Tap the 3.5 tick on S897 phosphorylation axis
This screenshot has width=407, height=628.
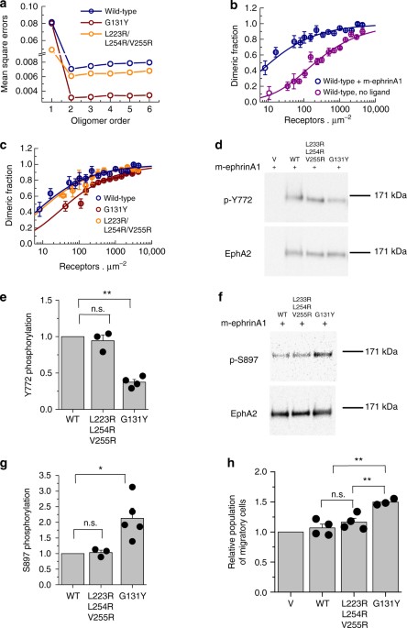pyautogui.click(x=36, y=474)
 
